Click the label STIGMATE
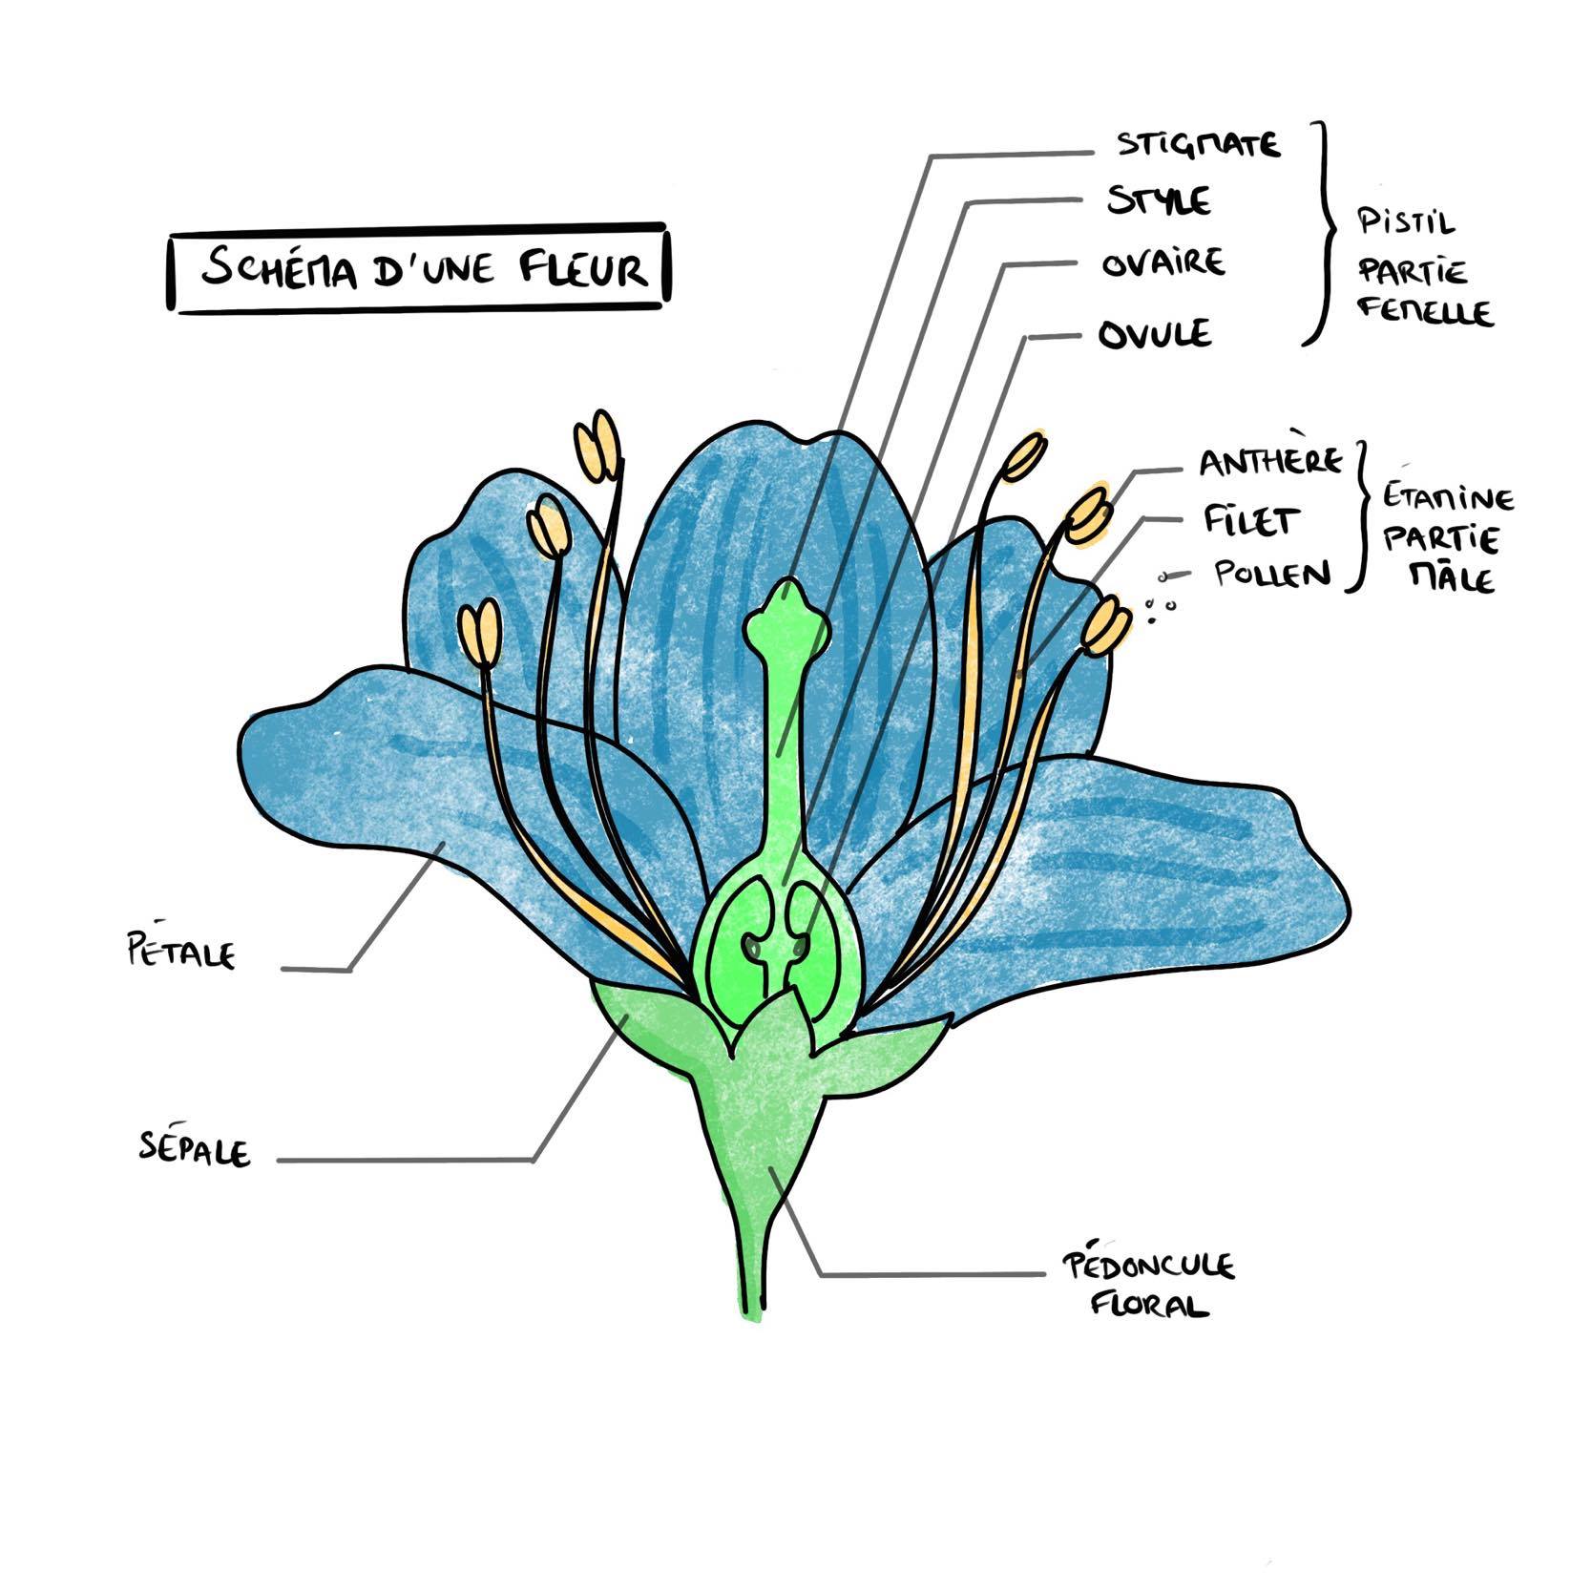pos(1198,145)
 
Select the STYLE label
pos(1158,202)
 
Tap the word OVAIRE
pos(1163,263)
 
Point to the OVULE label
pos(1154,335)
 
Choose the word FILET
pos(1250,521)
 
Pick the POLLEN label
pos(1271,575)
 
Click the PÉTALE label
pos(181,952)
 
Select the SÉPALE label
pos(195,1149)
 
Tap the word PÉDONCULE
pos(1148,1267)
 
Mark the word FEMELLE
pos(1424,311)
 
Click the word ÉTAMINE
pos(1448,499)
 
